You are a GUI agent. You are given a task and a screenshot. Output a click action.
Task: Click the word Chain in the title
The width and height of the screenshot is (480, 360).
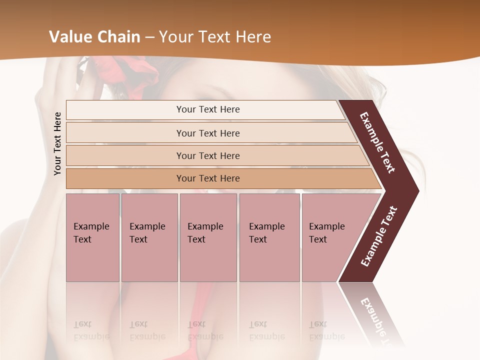pyautogui.click(x=119, y=37)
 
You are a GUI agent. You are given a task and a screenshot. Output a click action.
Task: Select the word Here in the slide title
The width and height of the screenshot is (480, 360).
pyautogui.click(x=252, y=37)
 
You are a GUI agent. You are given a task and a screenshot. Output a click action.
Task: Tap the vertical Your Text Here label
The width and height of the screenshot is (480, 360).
pyautogui.click(x=57, y=143)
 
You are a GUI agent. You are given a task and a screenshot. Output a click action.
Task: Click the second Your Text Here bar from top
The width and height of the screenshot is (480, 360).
pyautogui.click(x=208, y=133)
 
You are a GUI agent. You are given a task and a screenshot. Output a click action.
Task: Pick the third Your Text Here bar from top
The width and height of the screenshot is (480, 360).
pyautogui.click(x=208, y=155)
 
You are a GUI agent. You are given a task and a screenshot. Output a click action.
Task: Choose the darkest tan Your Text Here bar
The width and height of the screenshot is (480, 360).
pyautogui.click(x=208, y=178)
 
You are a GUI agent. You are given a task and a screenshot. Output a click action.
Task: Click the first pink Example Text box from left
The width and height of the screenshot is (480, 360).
pyautogui.click(x=92, y=237)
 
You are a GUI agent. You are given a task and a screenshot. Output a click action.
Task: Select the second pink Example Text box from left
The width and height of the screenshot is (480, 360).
pyautogui.click(x=149, y=237)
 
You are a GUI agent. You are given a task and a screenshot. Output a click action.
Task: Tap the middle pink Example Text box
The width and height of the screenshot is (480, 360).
pyautogui.click(x=208, y=237)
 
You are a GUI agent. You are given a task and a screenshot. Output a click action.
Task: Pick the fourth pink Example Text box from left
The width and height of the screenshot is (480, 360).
pyautogui.click(x=269, y=237)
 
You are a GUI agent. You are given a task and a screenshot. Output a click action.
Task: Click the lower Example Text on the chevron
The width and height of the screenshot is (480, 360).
pyautogui.click(x=379, y=236)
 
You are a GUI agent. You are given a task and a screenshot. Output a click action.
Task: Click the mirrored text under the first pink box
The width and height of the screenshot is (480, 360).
pyautogui.click(x=91, y=330)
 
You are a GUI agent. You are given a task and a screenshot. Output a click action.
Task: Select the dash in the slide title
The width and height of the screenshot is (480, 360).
pyautogui.click(x=149, y=37)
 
